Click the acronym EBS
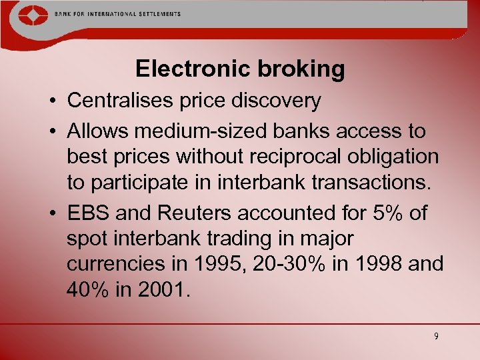point(88,213)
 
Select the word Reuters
point(189,213)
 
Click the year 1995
point(218,263)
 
